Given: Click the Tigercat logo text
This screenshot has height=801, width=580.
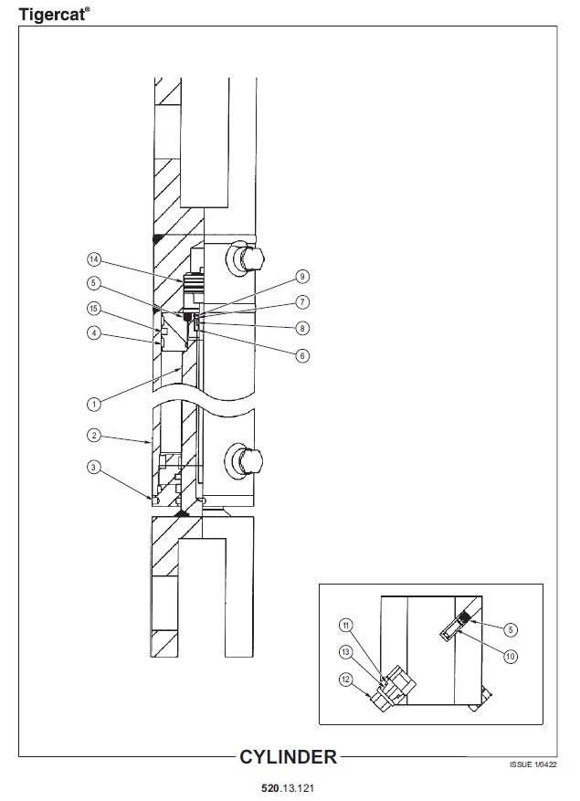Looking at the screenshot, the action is click(x=54, y=15).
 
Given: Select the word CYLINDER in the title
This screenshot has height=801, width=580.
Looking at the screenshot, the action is click(x=289, y=757).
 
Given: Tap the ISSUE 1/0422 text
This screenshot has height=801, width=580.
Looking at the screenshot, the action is click(x=533, y=764).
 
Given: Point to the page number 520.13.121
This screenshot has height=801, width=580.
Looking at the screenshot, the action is click(x=288, y=788).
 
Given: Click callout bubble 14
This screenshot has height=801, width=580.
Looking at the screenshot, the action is click(x=93, y=259).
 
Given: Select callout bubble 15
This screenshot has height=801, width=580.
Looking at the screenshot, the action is click(x=93, y=309).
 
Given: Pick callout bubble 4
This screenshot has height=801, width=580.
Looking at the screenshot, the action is click(x=93, y=333).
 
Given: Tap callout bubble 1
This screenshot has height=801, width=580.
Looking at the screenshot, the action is click(x=93, y=405).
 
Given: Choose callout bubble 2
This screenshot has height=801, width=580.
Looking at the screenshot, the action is click(x=93, y=436).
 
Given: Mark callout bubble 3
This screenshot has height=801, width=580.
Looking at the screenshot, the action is click(x=93, y=467).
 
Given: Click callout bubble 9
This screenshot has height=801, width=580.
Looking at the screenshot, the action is click(x=302, y=277).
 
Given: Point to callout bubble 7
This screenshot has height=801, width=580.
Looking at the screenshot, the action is click(x=302, y=302).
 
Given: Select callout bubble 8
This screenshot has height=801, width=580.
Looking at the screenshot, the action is click(x=302, y=329).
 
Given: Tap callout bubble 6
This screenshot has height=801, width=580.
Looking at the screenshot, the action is click(x=302, y=355).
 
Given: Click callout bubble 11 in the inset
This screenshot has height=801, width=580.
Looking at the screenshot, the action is click(x=346, y=626).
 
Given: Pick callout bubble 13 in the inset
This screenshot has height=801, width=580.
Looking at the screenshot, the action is click(x=346, y=652).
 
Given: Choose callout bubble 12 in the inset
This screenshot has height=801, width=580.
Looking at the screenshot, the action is click(x=346, y=680).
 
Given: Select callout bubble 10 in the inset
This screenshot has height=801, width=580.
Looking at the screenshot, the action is click(x=511, y=656).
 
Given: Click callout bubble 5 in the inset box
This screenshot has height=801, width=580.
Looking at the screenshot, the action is click(x=511, y=630).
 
